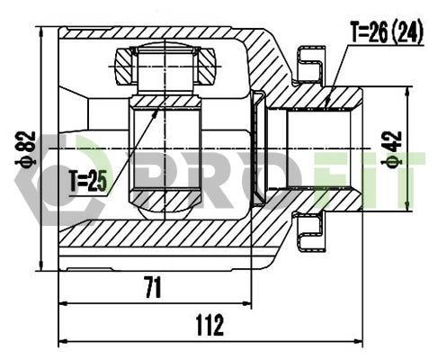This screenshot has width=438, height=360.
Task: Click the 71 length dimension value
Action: (154, 288)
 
